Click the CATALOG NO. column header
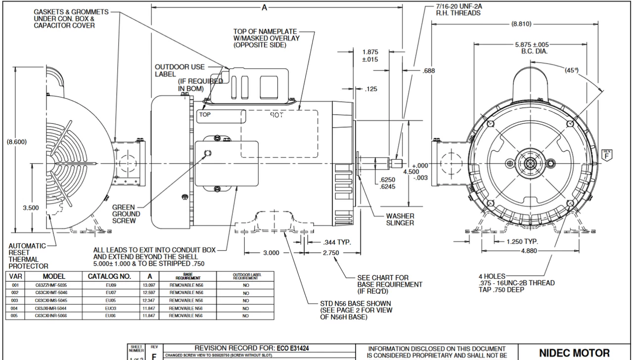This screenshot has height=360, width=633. (x=109, y=276)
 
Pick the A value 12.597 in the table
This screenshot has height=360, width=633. (x=150, y=293)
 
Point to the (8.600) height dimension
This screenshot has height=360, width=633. (x=16, y=142)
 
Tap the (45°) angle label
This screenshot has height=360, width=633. (x=572, y=70)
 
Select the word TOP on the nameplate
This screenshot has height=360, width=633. (x=205, y=114)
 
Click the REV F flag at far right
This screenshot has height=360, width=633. (x=606, y=154)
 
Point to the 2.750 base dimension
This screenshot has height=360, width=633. (x=330, y=253)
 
